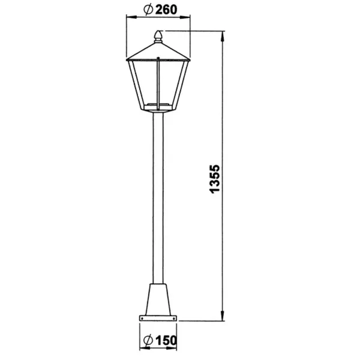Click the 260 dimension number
166,10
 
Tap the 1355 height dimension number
215,179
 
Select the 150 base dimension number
166,340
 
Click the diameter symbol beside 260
148,10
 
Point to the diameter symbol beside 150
148,340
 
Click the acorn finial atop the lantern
158,37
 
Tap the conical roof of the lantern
158,51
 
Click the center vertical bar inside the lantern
158,84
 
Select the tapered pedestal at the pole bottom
158,299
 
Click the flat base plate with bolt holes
158,318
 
